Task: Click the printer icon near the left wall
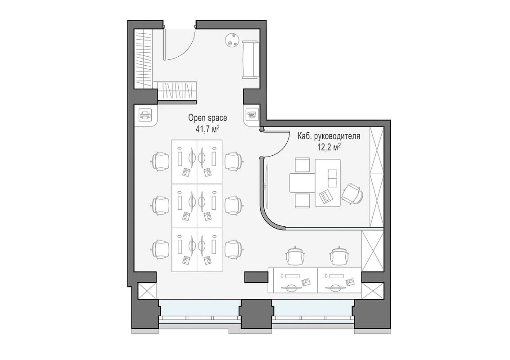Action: pyautogui.click(x=145, y=115)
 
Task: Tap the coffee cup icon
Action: pyautogui.click(x=252, y=114)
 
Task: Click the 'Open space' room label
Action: pyautogui.click(x=208, y=118)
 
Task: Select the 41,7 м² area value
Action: pyautogui.click(x=207, y=129)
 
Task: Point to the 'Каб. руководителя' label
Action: pyautogui.click(x=329, y=136)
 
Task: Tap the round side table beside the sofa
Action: pyautogui.click(x=233, y=40)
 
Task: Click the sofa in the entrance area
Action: pyautogui.click(x=250, y=59)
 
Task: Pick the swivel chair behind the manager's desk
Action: pyautogui.click(x=352, y=194)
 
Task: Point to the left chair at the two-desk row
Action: pyautogui.click(x=296, y=255)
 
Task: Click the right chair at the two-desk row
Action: pyautogui.click(x=340, y=255)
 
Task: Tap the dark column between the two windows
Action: pyautogui.click(x=256, y=314)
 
